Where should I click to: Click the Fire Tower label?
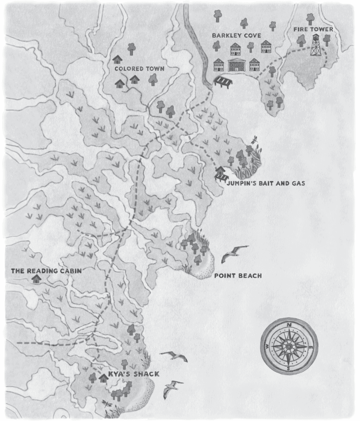[313, 30]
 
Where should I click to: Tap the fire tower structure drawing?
[316, 45]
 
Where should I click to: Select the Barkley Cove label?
[236, 36]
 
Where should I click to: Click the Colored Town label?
[133, 69]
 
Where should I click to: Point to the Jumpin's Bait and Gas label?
[266, 183]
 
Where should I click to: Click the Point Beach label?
[238, 275]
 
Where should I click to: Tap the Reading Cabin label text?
[46, 271]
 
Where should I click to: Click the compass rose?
[289, 346]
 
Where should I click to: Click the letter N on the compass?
[289, 325]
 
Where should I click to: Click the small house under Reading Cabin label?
[37, 279]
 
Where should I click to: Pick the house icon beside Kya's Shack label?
[103, 377]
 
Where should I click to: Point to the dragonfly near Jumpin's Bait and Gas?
[254, 140]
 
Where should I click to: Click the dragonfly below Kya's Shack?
[108, 402]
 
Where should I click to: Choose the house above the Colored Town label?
[117, 60]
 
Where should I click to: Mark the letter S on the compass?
[288, 368]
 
